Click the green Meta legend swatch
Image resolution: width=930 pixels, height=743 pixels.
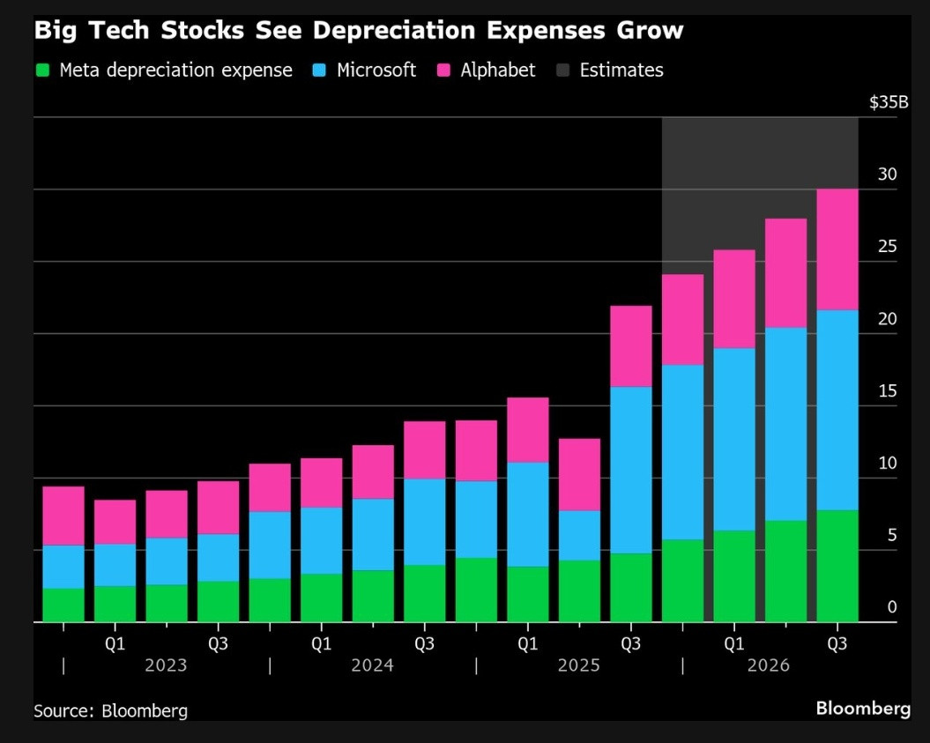pyautogui.click(x=42, y=70)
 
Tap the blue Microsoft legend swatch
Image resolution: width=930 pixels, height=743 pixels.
pyautogui.click(x=320, y=70)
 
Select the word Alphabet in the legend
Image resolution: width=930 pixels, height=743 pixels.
pyautogui.click(x=498, y=70)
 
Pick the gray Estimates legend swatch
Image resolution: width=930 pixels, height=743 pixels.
pyautogui.click(x=563, y=70)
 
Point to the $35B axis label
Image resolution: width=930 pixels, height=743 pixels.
pyautogui.click(x=889, y=102)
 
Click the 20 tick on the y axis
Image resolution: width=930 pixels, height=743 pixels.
pyautogui.click(x=888, y=319)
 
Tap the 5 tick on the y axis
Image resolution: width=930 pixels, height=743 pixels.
pyautogui.click(x=892, y=536)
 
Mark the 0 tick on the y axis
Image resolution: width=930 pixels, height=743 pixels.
pyautogui.click(x=892, y=607)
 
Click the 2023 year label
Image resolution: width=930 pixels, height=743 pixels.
pyautogui.click(x=166, y=665)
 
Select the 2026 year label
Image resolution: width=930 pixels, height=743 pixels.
pyautogui.click(x=768, y=665)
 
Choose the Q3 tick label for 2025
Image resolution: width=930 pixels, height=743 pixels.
pyautogui.click(x=630, y=643)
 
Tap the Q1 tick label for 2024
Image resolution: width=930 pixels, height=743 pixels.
pyautogui.click(x=321, y=643)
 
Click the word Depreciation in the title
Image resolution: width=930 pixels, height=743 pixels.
pyautogui.click(x=394, y=30)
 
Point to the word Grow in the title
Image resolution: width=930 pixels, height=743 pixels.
pyautogui.click(x=650, y=30)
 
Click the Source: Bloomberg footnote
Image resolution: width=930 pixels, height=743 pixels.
pyautogui.click(x=110, y=710)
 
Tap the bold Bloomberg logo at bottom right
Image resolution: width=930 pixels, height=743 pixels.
pyautogui.click(x=863, y=709)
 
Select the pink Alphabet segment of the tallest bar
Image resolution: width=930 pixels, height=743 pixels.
pyautogui.click(x=837, y=249)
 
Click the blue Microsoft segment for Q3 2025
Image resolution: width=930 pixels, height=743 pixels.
pyautogui.click(x=631, y=471)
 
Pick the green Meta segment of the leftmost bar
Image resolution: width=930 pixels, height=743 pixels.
pyautogui.click(x=63, y=606)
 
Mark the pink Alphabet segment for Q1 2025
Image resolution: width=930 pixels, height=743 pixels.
pyautogui.click(x=528, y=430)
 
